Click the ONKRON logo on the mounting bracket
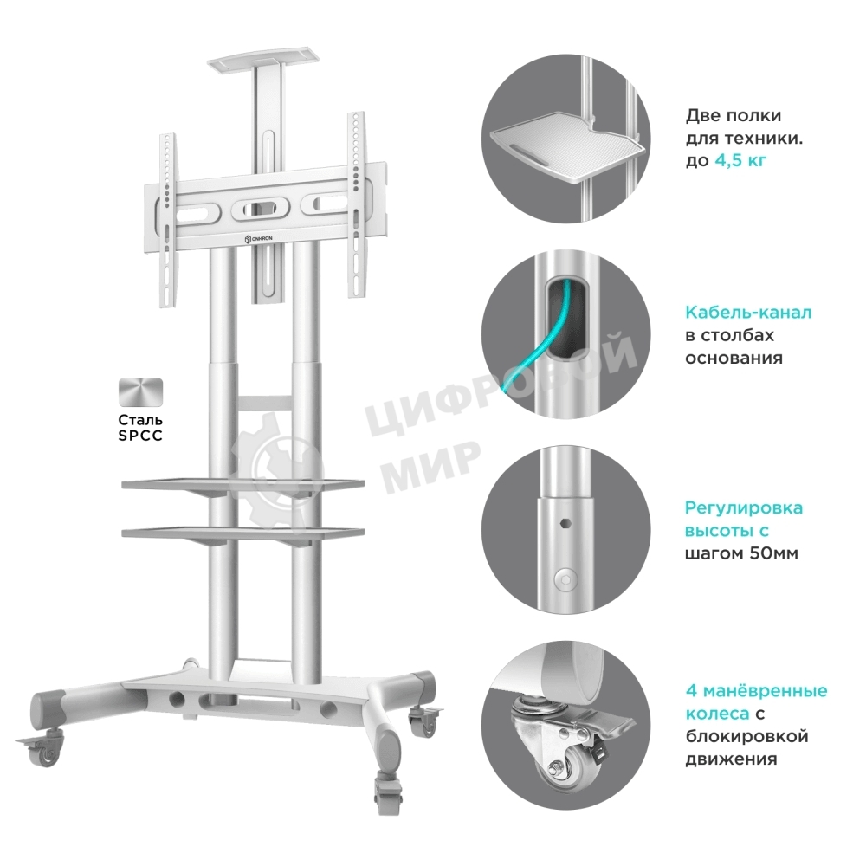(x=262, y=238)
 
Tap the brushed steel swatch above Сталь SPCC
(x=141, y=392)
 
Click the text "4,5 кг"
(x=740, y=161)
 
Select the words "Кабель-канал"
(x=748, y=313)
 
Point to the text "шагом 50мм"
(x=741, y=553)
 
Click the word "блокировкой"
(x=746, y=736)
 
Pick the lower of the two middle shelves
(x=243, y=533)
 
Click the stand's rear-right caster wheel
(x=424, y=720)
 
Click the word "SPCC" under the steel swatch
(x=140, y=436)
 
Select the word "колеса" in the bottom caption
(x=717, y=714)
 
